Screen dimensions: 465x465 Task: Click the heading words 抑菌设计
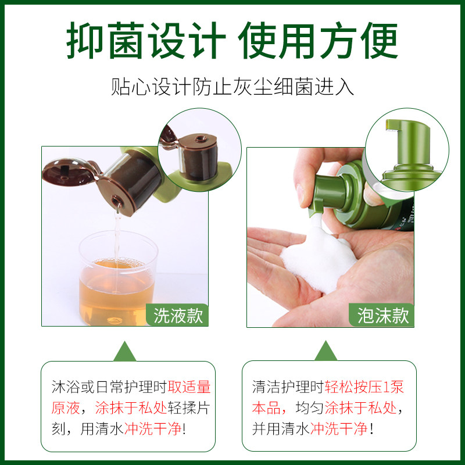coord(145,42)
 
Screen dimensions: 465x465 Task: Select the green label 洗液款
coord(178,315)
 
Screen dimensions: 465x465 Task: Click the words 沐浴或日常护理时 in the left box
coord(109,387)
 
